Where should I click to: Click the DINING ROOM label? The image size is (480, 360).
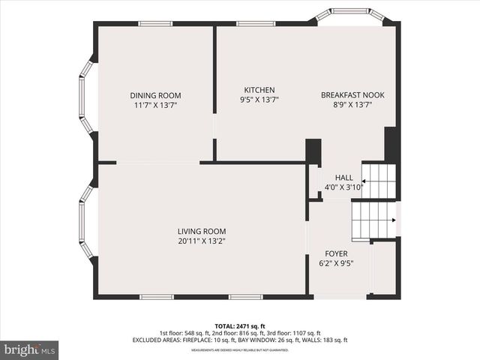click(x=155, y=95)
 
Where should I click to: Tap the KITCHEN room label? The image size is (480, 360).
click(x=259, y=90)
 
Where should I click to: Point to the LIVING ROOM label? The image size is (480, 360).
click(x=202, y=231)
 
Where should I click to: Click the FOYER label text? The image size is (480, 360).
click(x=335, y=253)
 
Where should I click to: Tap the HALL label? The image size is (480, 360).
click(x=343, y=178)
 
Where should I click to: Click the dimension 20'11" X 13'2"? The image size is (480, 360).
click(x=202, y=241)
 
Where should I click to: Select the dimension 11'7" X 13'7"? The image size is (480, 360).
click(x=155, y=106)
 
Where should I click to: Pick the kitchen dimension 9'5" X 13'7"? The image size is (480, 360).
click(x=259, y=100)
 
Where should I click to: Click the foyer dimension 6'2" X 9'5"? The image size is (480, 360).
click(x=335, y=263)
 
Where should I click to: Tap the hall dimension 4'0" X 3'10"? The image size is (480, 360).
click(x=343, y=187)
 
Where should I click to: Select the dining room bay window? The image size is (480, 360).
click(x=85, y=96)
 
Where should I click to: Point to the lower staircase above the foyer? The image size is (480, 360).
click(x=373, y=220)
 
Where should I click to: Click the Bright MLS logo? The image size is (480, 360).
click(x=30, y=349)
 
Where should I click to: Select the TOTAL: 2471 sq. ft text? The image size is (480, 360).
click(x=239, y=326)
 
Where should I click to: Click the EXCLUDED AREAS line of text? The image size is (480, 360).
click(x=239, y=340)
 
